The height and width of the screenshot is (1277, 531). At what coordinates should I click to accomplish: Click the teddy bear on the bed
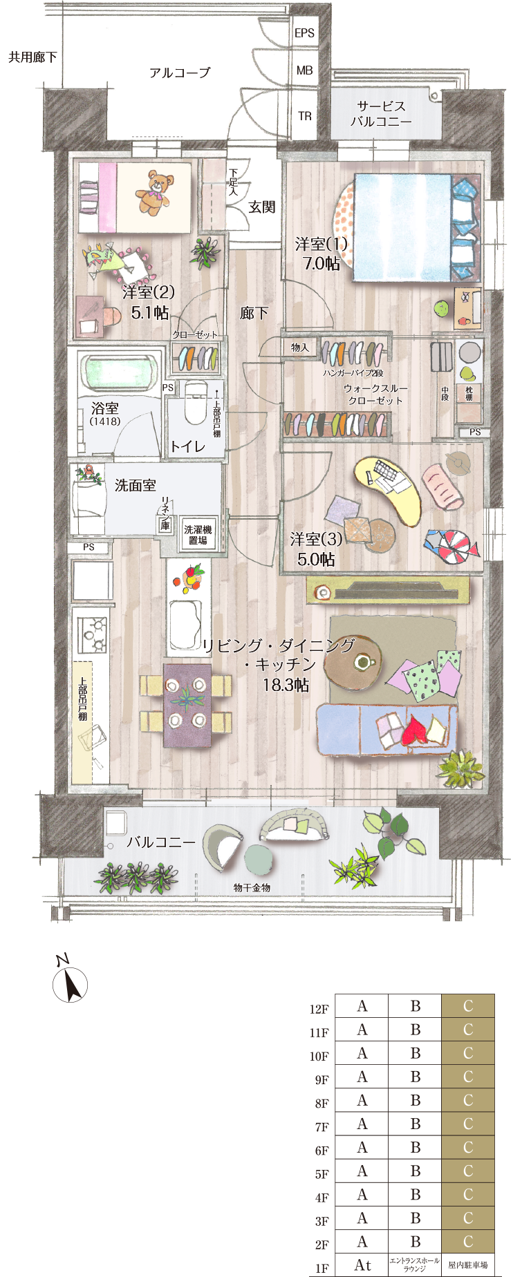pyautogui.click(x=153, y=192)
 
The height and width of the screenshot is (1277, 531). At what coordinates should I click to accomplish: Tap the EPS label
pyautogui.click(x=304, y=32)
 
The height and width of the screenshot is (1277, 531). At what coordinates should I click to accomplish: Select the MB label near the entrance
pyautogui.click(x=304, y=70)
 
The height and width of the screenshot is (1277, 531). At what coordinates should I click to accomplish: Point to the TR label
pyautogui.click(x=305, y=116)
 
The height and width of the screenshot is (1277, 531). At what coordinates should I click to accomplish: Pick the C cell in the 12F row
pyautogui.click(x=468, y=1006)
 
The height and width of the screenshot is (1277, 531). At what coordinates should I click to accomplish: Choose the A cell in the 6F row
pyautogui.click(x=362, y=1147)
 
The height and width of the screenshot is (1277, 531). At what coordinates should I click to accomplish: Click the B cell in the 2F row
pyautogui.click(x=415, y=1242)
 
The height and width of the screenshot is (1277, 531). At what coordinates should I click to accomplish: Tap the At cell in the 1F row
pyautogui.click(x=362, y=1265)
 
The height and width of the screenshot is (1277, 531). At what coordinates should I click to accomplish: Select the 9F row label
pyautogui.click(x=322, y=1080)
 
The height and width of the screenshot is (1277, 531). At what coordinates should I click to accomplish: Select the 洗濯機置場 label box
pyautogui.click(x=198, y=535)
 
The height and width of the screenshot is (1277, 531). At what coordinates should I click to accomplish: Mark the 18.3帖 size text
pyautogui.click(x=286, y=685)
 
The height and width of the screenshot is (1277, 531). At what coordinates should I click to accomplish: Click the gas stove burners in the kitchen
pyautogui.click(x=92, y=636)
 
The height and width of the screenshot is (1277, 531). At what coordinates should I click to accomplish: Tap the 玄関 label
pyautogui.click(x=263, y=207)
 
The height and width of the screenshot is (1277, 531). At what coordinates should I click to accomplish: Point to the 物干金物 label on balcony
pyautogui.click(x=252, y=887)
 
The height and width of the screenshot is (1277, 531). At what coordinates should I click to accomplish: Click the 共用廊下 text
pyautogui.click(x=32, y=57)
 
